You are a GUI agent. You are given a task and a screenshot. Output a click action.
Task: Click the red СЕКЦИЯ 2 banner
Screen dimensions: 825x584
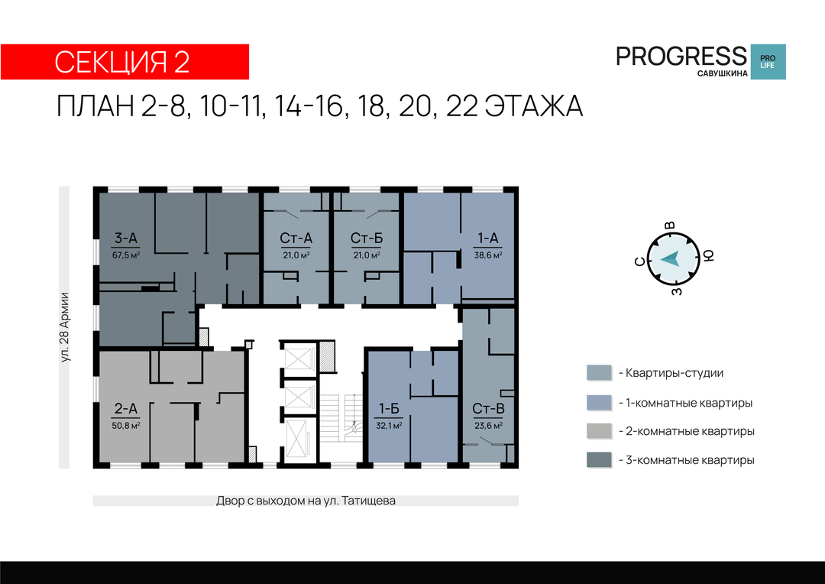(x=125, y=62)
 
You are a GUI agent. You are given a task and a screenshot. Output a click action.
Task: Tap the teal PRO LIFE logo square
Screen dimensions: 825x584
(x=768, y=62)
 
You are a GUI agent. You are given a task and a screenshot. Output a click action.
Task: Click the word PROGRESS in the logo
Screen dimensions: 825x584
(x=681, y=56)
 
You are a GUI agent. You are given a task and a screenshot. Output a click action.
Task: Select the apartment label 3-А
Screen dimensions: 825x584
(x=126, y=238)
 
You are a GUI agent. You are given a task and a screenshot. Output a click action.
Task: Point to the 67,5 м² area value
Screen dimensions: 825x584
(x=126, y=255)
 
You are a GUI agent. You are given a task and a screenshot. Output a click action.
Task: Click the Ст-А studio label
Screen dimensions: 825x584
(x=296, y=238)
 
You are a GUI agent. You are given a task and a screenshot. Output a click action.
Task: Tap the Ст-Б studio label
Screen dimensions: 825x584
(x=367, y=238)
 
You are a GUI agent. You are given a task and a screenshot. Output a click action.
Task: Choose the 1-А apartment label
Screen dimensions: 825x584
(x=487, y=238)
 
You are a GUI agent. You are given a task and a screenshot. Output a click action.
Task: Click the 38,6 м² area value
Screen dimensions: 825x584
(x=488, y=255)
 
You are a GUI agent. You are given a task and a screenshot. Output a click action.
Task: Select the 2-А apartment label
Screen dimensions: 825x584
(x=126, y=409)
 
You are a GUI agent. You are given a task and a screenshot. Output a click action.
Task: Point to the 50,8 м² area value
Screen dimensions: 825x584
(x=126, y=426)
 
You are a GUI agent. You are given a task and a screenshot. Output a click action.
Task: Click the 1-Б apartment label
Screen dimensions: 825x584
(x=390, y=409)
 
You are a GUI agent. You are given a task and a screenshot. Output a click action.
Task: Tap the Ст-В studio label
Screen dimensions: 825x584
(x=488, y=409)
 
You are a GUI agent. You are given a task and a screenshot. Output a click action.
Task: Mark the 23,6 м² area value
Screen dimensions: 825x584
(x=488, y=426)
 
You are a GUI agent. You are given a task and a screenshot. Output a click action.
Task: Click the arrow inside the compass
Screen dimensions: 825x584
(x=671, y=259)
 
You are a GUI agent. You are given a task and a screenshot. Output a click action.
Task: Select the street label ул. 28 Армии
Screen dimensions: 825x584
(x=64, y=327)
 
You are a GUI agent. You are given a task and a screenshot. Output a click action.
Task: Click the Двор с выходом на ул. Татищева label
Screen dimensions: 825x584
(x=306, y=501)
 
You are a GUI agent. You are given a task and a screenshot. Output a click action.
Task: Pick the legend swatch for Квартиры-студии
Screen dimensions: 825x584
(x=600, y=373)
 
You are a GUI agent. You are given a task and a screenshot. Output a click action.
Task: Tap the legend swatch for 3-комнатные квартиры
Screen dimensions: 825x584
(x=600, y=459)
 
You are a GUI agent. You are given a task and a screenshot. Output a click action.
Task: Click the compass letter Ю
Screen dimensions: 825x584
(x=709, y=256)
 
